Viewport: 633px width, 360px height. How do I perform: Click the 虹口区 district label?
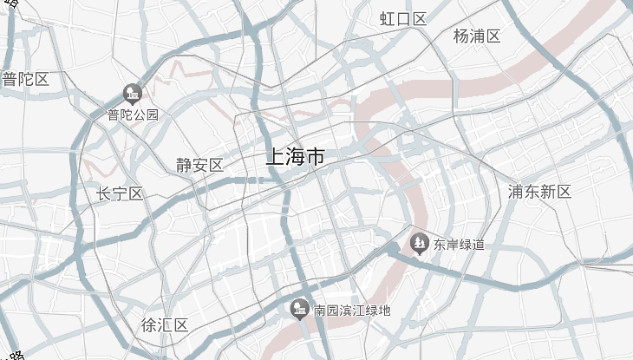tap(404, 19)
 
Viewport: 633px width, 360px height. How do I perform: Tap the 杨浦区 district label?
tap(477, 36)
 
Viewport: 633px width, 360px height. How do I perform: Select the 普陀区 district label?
tap(25, 80)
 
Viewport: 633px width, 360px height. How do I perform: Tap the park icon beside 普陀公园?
tap(133, 92)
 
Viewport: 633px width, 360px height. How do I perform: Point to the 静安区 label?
tap(199, 165)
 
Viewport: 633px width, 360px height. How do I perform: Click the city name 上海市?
tap(295, 157)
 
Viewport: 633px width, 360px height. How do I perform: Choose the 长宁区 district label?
tap(120, 193)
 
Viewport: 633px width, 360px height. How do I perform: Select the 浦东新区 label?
tap(540, 192)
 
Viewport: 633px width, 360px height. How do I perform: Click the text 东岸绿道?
tap(460, 245)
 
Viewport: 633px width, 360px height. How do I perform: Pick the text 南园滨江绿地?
tap(352, 310)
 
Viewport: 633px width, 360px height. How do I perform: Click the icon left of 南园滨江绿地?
tap(300, 309)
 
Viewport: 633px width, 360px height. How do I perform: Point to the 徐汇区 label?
tap(165, 325)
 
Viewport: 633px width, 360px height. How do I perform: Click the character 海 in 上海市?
tap(295, 157)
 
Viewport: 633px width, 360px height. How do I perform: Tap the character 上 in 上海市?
tap(275, 157)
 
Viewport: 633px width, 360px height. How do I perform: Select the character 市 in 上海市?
tap(316, 157)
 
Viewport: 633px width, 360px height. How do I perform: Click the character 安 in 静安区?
tap(199, 165)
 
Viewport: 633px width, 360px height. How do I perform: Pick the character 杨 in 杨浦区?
tap(461, 36)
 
